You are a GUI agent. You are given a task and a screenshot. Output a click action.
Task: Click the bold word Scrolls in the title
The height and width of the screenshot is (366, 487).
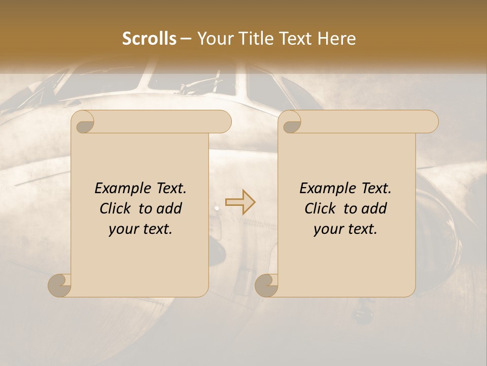149,39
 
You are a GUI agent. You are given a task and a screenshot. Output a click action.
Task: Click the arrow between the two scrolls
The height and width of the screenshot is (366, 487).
240,202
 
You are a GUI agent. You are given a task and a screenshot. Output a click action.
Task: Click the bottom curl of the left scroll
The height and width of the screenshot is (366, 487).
59,285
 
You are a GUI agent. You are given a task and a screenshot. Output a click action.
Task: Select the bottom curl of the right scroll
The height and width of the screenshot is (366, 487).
266,285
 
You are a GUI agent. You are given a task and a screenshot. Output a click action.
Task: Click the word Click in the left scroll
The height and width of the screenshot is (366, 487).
115,208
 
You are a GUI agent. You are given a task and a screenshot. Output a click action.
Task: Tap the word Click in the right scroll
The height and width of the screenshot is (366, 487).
320,208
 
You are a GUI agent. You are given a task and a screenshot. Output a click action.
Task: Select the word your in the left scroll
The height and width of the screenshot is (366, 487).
122,229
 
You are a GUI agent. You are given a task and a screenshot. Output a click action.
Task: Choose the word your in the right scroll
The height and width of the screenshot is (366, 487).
327,229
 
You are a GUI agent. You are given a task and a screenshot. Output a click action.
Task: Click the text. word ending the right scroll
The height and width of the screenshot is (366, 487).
361,229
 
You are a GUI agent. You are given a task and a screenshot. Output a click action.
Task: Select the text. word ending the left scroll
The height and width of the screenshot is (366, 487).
156,229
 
